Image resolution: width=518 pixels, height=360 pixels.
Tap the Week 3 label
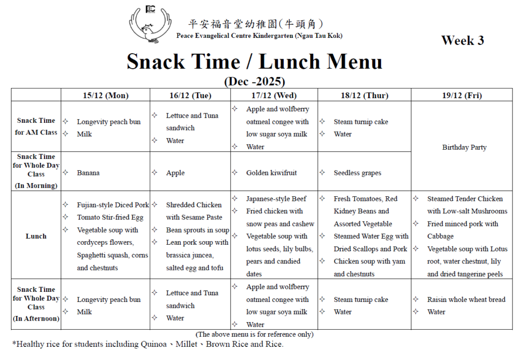point(462,40)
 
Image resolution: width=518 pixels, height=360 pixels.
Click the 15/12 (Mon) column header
point(106,95)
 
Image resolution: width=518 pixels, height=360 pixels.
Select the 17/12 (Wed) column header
point(274,95)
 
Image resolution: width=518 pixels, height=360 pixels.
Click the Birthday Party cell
point(464,147)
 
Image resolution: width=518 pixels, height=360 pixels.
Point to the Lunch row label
point(36,236)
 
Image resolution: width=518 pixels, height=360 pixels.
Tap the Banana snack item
point(88,173)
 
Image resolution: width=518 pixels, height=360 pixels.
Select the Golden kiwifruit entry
point(271,173)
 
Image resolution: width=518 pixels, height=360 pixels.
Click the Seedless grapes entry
point(357,173)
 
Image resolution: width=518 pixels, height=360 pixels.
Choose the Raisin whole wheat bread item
point(466,299)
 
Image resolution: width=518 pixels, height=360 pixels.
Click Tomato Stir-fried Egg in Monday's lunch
point(110,217)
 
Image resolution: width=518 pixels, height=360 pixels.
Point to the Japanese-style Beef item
point(276,199)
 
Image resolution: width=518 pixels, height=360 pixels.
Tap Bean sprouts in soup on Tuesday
point(197,230)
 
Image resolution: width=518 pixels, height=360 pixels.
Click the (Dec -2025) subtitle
point(254,81)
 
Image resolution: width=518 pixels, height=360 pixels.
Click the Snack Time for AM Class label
point(36,126)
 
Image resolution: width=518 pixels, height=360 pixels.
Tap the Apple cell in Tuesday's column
point(175,173)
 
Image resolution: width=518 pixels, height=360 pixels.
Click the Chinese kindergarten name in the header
point(255,24)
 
